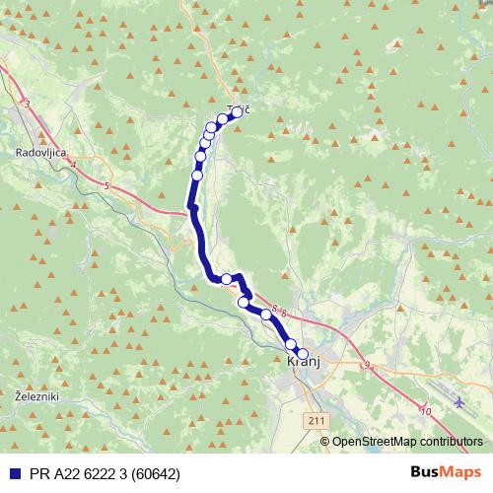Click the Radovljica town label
click(x=40, y=153)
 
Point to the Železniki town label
click(x=38, y=395)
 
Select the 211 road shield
click(x=315, y=420)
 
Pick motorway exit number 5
click(x=105, y=184)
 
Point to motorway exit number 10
click(x=425, y=410)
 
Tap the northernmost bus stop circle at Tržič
click(x=237, y=112)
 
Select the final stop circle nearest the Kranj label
click(x=303, y=354)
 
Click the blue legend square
click(x=13, y=473)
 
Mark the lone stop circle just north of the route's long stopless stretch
click(x=197, y=176)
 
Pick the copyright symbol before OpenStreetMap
click(x=325, y=442)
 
